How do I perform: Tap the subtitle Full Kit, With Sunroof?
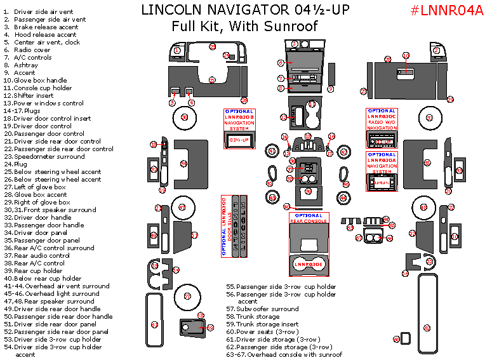click(244, 26)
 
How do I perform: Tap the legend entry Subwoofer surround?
click(267, 309)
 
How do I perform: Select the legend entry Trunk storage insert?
click(270, 324)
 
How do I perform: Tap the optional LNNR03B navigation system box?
click(239, 128)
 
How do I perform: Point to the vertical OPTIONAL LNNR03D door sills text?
click(223, 225)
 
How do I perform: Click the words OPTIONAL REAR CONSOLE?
click(307, 219)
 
